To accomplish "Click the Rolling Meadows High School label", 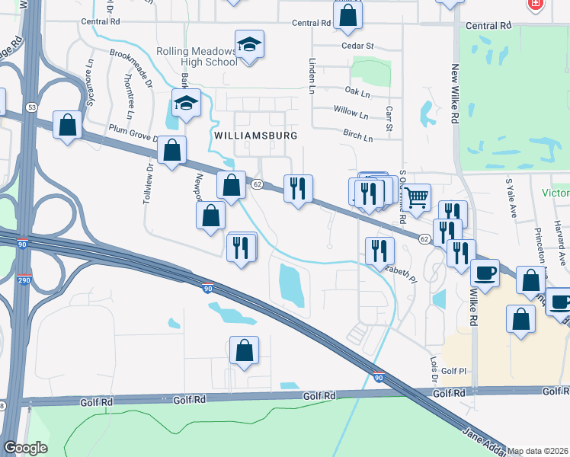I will [x=197, y=56].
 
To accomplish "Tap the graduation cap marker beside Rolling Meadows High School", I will [x=249, y=45].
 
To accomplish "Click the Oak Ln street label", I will [x=357, y=93].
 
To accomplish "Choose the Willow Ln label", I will [x=351, y=112].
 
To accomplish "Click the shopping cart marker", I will [x=416, y=198].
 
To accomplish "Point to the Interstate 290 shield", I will [x=24, y=279].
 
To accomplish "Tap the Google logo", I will [x=25, y=448].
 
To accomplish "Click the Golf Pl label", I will [x=453, y=370].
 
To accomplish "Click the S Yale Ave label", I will [x=510, y=199].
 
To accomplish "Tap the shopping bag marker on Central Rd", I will [x=347, y=16].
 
